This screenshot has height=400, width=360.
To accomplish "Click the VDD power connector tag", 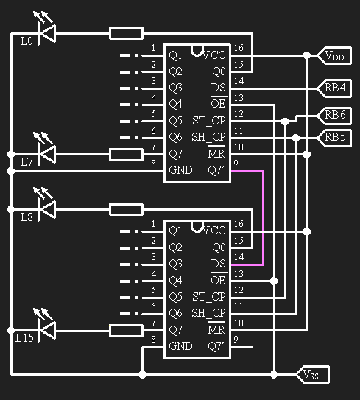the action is (334, 55).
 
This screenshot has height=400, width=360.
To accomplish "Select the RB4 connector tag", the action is (334, 88).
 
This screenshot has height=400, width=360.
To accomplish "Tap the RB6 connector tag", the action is (334, 116).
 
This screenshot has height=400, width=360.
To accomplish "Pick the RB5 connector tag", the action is (334, 138).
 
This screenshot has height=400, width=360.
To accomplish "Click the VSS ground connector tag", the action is (313, 375).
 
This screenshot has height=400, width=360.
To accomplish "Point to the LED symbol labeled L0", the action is (46, 32).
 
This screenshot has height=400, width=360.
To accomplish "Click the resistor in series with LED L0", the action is (126, 33).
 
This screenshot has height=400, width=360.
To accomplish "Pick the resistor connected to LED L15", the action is (126, 331).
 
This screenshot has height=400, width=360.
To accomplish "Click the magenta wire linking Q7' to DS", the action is (263, 218).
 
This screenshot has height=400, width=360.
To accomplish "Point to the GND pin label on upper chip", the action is (180, 170).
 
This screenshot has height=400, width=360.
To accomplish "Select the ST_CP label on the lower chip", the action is (209, 297).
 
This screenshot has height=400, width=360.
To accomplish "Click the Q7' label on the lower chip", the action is (216, 346).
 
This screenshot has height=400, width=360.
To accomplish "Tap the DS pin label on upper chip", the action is (218, 88).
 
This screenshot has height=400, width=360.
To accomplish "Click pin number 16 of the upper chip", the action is (239, 48).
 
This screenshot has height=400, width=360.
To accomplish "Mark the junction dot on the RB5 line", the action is (296, 138).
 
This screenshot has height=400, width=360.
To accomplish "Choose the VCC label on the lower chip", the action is (214, 231).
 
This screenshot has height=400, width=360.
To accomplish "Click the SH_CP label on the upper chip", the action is (208, 137).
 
